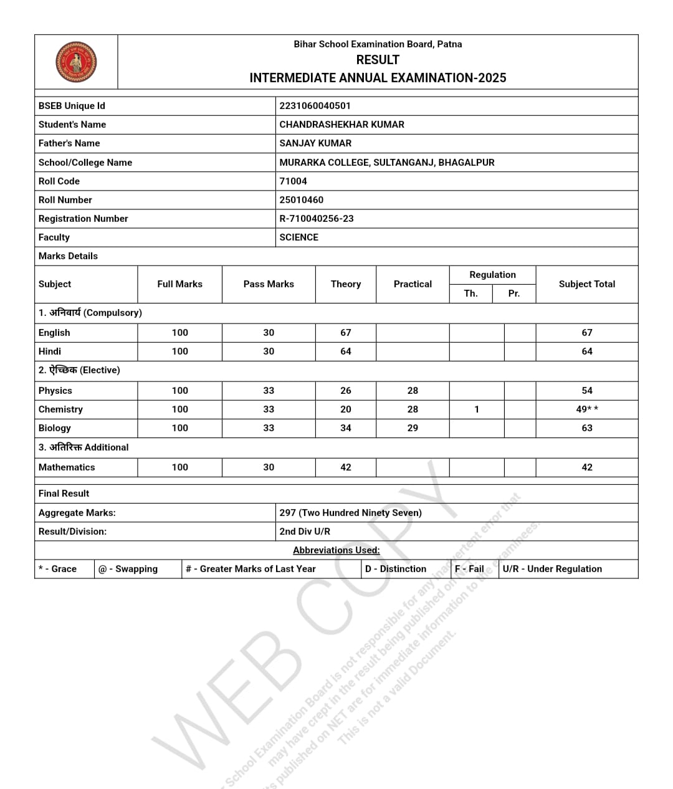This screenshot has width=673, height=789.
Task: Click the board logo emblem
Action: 76,62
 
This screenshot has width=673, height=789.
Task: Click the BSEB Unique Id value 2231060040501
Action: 315,106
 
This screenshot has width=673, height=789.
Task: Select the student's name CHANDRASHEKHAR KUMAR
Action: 341,125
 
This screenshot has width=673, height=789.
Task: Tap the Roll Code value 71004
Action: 293,181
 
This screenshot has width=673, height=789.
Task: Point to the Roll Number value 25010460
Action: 301,200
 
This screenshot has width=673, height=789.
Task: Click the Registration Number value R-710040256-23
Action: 316,219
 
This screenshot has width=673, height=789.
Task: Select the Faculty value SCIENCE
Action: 298,237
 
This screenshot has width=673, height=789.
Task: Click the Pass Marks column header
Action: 269,284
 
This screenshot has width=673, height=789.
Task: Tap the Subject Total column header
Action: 586,284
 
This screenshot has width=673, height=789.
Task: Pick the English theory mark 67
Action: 346,333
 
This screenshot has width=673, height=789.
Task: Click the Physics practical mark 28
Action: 413,391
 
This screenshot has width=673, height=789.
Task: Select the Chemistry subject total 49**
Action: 586,409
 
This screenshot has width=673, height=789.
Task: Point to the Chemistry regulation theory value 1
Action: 477,409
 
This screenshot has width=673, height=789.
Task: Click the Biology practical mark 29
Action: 413,428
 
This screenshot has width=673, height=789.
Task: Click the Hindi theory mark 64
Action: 346,351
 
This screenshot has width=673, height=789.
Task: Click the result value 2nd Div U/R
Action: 305,532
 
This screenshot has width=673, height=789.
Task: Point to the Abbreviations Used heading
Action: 336,550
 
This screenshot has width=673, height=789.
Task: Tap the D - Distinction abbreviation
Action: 396,569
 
